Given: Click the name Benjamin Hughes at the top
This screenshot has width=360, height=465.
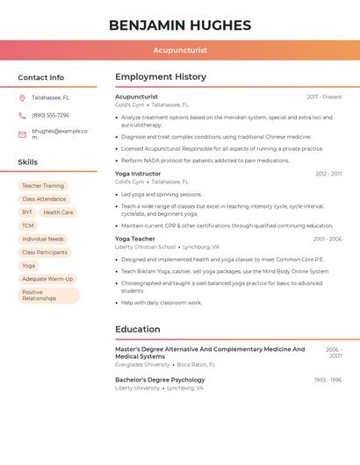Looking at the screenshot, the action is (x=180, y=25).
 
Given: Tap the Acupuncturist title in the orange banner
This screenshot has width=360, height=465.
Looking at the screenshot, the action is (x=180, y=51).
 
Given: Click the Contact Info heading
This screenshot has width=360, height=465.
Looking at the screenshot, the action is (x=41, y=77).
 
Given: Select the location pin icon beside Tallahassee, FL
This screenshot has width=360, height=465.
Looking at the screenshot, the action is (x=22, y=97).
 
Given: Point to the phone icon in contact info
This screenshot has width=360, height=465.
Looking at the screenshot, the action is (x=22, y=115).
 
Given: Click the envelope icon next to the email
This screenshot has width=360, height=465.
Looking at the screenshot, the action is (x=22, y=134).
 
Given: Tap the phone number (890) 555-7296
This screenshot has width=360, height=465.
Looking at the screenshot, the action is (x=51, y=115).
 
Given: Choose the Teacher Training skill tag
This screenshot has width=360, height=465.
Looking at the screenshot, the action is (x=43, y=186).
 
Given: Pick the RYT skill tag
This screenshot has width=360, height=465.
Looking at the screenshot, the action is (x=27, y=212).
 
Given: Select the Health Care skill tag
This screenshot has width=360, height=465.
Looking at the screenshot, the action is (x=59, y=212).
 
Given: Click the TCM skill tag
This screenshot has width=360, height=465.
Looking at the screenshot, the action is (x=28, y=225).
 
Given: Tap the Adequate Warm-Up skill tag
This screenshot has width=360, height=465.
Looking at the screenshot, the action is (x=47, y=279).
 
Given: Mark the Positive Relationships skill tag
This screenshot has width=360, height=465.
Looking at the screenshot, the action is (x=48, y=296).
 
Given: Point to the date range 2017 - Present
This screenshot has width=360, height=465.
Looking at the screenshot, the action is (x=324, y=97).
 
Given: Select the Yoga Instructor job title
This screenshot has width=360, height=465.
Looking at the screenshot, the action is (x=138, y=174).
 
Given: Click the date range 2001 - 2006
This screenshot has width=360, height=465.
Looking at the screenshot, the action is (x=328, y=239).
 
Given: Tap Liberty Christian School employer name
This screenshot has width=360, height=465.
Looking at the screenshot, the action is (x=145, y=247).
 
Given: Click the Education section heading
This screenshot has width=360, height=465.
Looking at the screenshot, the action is (x=138, y=330).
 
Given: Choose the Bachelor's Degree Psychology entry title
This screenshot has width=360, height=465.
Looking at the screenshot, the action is (x=160, y=380).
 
